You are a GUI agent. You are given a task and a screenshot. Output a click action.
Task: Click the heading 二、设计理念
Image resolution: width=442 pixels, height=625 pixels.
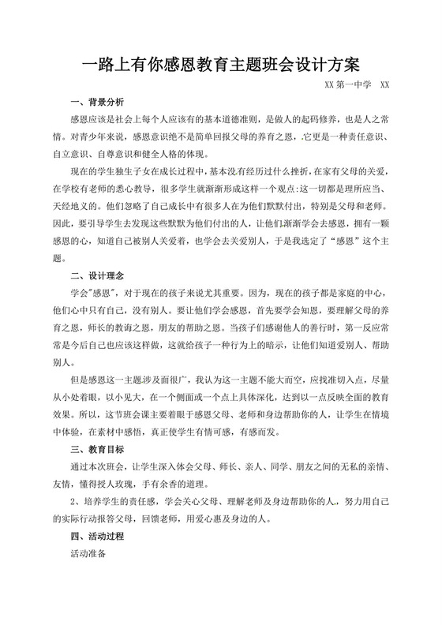click(97, 277)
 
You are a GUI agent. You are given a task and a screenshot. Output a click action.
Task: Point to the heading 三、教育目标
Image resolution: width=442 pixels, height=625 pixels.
click(97, 450)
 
